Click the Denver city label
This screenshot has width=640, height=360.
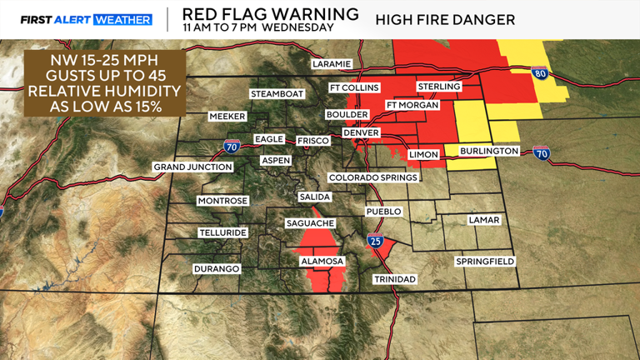coord(361,132)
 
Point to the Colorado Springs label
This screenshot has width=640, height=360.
coord(372,177)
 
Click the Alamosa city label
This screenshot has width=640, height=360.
coord(321,262)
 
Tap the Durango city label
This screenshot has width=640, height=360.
coord(217,269)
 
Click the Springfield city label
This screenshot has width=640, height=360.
coord(484,262)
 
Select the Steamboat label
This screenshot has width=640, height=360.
coord(273,93)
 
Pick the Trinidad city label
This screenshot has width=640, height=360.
coord(394,278)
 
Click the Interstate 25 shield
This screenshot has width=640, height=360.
coord(376,242)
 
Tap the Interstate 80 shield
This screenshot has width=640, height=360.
coord(539,73)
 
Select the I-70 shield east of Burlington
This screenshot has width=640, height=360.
coord(542,153)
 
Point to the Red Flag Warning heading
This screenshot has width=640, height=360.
coord(270,14)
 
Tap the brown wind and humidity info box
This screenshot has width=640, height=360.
coord(105,84)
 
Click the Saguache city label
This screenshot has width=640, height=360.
coord(310,223)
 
